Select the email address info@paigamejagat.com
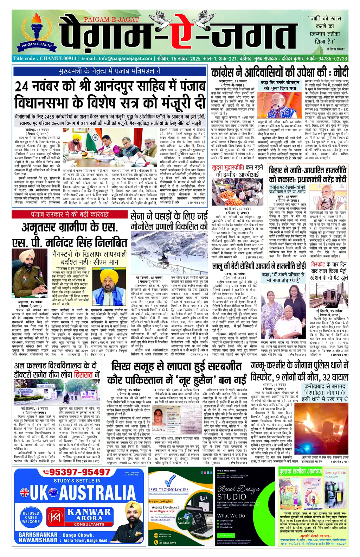125,58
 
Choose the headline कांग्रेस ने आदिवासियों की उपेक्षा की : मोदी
279,72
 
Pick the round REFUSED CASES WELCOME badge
31,517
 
